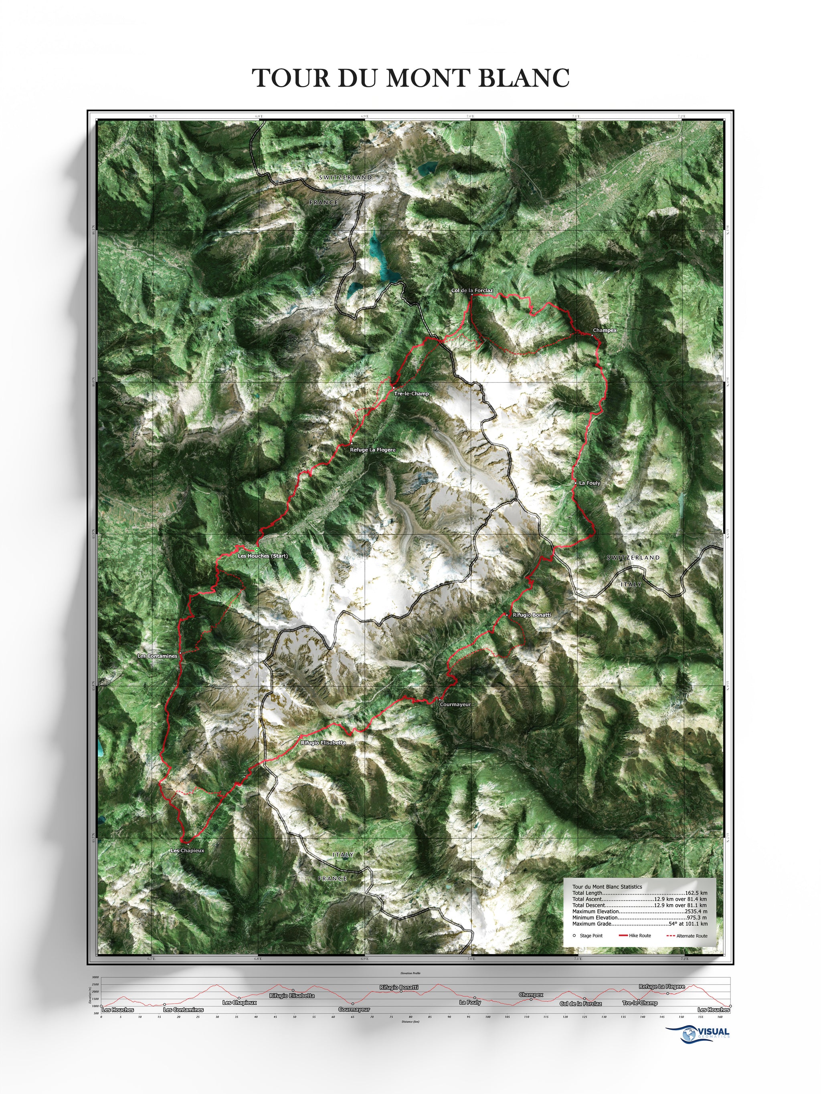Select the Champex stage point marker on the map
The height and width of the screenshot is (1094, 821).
point(591,335)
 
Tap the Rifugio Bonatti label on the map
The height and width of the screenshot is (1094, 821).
point(532,615)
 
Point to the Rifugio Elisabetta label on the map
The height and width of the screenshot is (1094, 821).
point(323,743)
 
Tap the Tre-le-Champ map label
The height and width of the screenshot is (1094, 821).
point(411,394)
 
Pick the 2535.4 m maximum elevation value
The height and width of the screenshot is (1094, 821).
point(696,911)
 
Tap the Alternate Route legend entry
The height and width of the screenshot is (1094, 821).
point(692,936)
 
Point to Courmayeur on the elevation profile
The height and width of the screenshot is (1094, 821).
point(354,1009)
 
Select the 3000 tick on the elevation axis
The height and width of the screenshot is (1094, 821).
point(95,977)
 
